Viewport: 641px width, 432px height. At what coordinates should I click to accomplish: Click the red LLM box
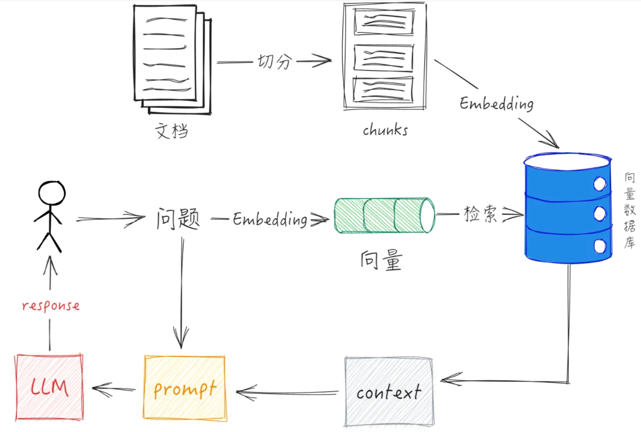tap(49, 387)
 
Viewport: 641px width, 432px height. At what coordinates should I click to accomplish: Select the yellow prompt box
tap(185, 388)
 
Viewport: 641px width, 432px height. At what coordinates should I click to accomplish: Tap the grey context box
tap(389, 391)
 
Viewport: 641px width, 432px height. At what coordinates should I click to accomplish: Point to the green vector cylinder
tap(384, 215)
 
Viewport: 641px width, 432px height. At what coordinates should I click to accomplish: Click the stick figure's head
tap(51, 193)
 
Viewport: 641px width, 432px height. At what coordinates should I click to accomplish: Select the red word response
tap(51, 305)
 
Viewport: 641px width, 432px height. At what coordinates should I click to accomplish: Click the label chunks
tap(385, 130)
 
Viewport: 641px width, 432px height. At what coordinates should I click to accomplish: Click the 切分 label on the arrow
tap(275, 62)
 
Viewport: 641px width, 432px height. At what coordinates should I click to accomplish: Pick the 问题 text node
tap(178, 219)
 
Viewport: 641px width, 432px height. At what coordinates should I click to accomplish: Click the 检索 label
tap(480, 214)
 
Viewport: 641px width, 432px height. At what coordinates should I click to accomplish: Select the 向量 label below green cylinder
tap(381, 261)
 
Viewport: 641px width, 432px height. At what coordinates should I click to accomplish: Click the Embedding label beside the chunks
tap(496, 104)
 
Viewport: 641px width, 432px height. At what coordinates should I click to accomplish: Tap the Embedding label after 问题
tap(270, 219)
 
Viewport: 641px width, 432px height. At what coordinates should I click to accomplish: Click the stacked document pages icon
tap(171, 59)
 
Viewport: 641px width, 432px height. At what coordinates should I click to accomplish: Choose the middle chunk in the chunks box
tap(383, 58)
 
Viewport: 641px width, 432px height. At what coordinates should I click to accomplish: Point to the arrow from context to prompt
tap(287, 393)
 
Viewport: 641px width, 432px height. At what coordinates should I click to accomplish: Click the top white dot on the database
tap(600, 184)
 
